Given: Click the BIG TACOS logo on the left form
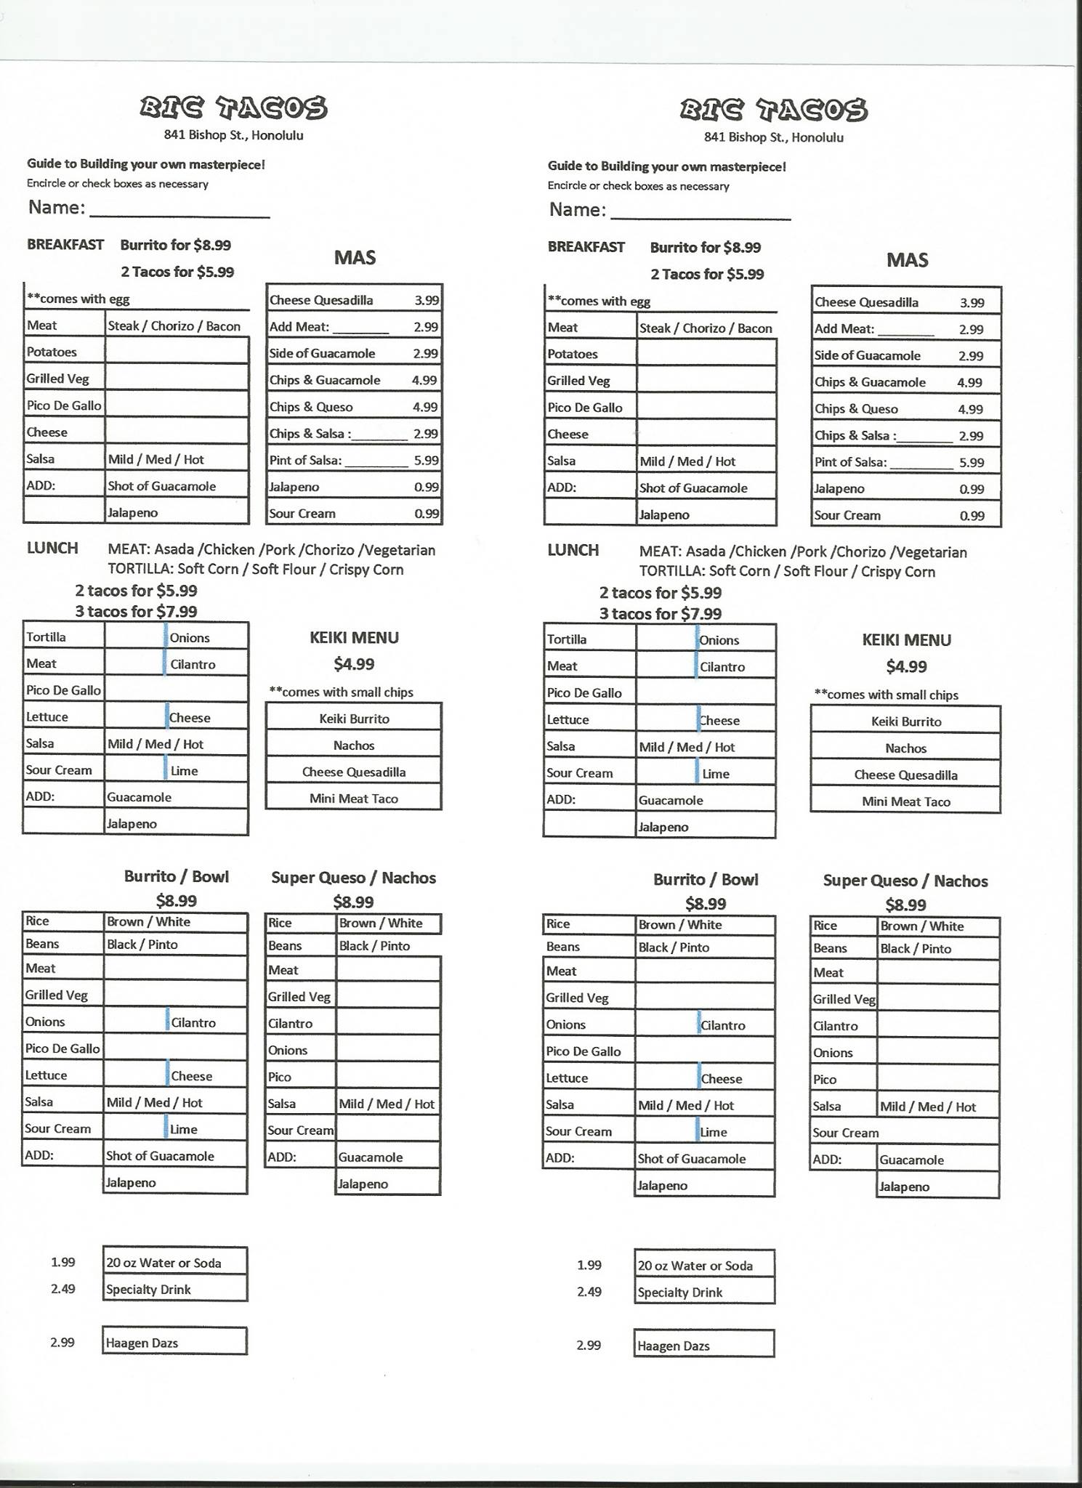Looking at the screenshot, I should [233, 108].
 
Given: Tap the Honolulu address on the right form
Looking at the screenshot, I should [773, 137].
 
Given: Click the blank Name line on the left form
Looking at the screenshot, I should [179, 211].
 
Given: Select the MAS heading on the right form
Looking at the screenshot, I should [907, 260].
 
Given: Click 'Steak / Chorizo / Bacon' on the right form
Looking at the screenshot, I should [706, 328].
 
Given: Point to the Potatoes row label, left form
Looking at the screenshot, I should [52, 352].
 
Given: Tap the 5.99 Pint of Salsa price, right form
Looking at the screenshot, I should [972, 463].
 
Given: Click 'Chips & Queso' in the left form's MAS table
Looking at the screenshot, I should [311, 407].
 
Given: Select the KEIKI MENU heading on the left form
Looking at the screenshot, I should [354, 638].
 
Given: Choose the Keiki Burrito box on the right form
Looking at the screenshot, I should [906, 721].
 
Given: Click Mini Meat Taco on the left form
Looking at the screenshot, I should [354, 798].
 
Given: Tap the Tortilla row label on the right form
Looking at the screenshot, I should [567, 639].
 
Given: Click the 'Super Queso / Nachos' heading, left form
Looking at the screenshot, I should [353, 878].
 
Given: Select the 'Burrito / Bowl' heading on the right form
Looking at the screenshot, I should [706, 880].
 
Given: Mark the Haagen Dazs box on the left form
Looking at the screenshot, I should [174, 1343].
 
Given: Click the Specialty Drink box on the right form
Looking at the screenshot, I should [703, 1293].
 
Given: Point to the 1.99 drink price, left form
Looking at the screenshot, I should [62, 1262].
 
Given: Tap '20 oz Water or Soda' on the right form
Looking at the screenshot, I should [703, 1266].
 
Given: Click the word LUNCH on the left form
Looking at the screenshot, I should [52, 549].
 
